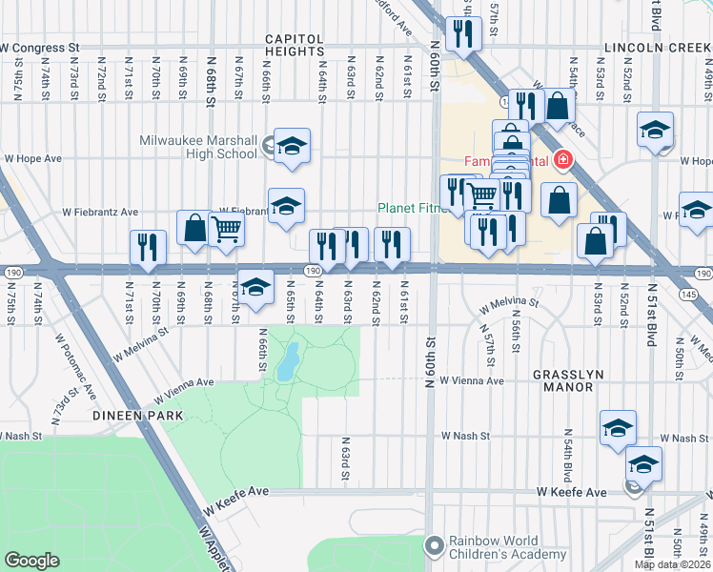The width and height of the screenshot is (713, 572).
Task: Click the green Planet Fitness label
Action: tap(410, 208)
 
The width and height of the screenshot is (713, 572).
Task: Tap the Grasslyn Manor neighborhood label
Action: tap(568, 375)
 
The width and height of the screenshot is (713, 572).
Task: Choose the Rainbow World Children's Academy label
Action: tap(498, 546)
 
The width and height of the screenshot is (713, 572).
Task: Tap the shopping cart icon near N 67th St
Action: tap(227, 229)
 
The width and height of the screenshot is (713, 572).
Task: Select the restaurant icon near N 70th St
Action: tap(148, 247)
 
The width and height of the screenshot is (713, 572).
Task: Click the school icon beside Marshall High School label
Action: tap(293, 146)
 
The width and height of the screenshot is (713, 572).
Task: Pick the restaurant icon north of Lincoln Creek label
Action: tap(464, 33)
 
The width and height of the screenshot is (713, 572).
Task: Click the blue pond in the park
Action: tap(284, 363)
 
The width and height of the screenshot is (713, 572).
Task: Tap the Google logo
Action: tap(31, 561)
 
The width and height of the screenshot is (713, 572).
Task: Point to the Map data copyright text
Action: tap(672, 564)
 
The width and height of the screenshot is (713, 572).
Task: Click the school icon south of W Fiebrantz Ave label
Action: tap(286, 207)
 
